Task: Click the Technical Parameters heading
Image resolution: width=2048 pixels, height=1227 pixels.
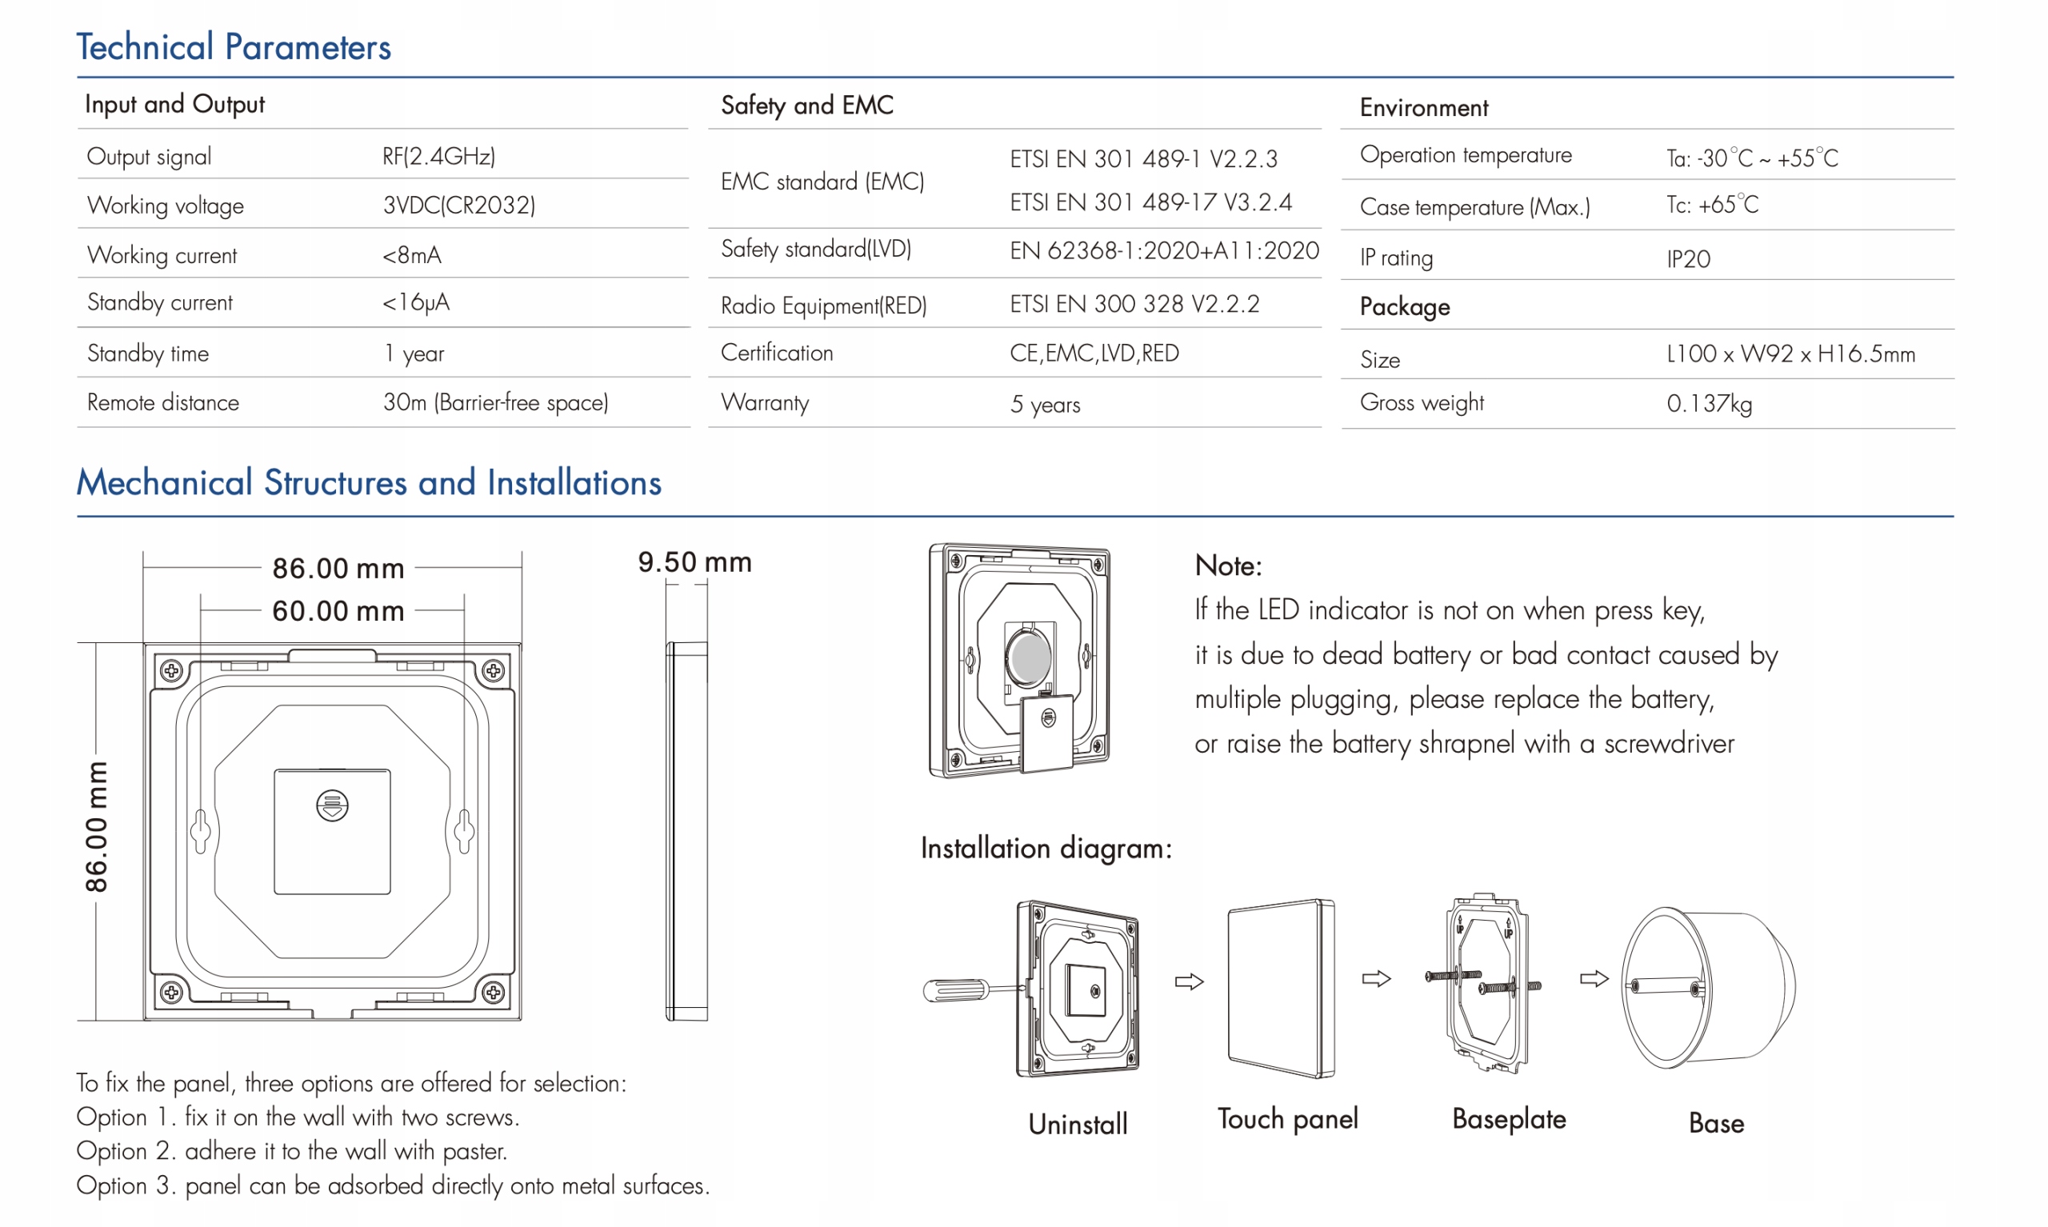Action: tap(233, 47)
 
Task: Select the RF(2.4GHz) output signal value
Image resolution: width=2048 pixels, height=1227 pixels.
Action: tap(438, 156)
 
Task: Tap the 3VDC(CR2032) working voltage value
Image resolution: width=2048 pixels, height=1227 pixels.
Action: tap(459, 205)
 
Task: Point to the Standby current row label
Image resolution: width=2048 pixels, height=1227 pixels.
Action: tap(159, 302)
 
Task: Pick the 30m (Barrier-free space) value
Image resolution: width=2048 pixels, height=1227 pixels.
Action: tap(495, 402)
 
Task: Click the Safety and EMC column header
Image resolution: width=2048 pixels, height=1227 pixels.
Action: tap(806, 105)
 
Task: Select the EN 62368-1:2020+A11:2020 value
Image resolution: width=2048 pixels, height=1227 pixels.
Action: tap(1163, 250)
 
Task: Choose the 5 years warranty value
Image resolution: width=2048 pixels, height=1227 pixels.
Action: tap(1045, 404)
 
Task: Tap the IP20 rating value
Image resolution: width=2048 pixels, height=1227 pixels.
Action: tap(1687, 260)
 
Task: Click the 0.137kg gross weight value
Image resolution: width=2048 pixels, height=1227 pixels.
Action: tap(1709, 403)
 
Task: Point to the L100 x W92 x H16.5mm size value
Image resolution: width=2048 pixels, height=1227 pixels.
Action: tap(1790, 354)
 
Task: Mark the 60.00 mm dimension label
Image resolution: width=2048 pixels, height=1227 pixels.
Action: tap(338, 611)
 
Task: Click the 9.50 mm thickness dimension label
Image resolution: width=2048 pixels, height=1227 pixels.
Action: tap(694, 562)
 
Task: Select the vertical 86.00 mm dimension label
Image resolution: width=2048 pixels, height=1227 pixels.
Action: tap(97, 827)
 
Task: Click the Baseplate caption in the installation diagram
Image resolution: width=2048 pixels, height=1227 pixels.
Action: tap(1509, 1119)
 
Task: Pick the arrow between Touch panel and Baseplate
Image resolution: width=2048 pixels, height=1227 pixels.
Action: tap(1377, 979)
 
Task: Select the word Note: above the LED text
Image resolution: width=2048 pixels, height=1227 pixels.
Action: tap(1228, 566)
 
